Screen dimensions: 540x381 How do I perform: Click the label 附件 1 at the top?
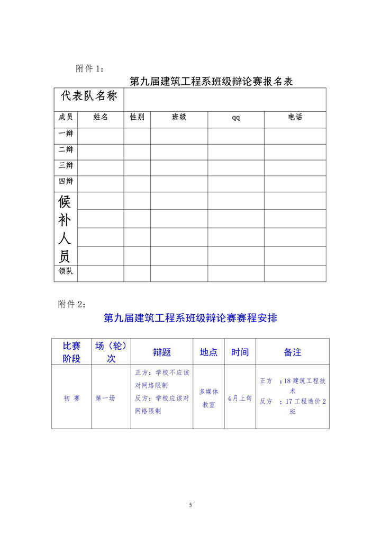90,68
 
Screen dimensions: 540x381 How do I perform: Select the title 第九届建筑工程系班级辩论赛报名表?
211,82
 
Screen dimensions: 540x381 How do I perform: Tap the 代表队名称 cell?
89,96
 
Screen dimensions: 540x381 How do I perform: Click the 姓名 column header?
101,117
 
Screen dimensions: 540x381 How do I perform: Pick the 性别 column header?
137,117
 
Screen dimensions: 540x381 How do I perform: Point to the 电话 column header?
295,117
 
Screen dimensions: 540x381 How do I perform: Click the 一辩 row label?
66,134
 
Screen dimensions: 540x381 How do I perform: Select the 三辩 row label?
66,165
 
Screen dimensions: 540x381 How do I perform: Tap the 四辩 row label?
66,181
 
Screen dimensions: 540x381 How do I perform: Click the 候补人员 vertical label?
65,229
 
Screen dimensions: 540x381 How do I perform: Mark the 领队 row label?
66,271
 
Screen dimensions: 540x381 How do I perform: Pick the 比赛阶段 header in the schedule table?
71,352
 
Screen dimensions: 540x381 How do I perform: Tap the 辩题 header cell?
162,352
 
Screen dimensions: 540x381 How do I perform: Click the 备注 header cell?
293,352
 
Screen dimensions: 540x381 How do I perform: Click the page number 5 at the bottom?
190,504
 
